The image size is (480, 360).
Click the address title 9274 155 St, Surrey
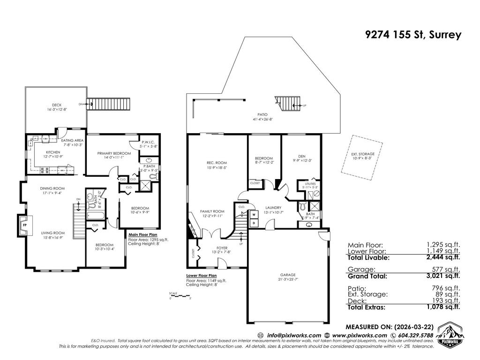(413, 35)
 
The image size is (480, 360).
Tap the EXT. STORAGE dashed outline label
(360, 156)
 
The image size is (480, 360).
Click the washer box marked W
(254, 215)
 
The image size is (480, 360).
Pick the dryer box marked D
(254, 223)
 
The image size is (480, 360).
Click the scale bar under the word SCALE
(180, 297)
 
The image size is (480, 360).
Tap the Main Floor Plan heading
(143, 235)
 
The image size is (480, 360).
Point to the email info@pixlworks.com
(294, 335)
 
